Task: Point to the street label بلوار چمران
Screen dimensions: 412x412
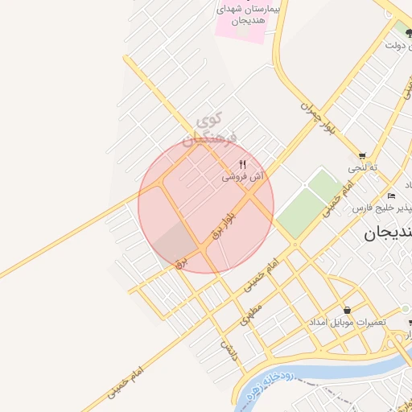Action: [x=317, y=117]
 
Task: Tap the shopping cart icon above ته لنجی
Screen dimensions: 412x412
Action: [x=362, y=155]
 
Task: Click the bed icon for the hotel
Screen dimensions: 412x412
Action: [x=391, y=196]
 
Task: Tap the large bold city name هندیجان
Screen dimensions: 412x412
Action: [x=383, y=234]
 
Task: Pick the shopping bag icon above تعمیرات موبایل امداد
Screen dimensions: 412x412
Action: [x=347, y=310]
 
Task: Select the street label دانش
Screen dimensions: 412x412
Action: [x=230, y=350]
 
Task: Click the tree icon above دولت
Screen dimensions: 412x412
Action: [x=408, y=33]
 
